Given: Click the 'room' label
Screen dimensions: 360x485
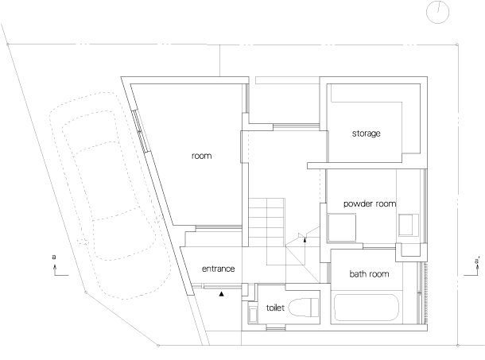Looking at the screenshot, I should tap(201, 156).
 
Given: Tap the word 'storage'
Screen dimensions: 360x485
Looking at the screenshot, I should tap(367, 133).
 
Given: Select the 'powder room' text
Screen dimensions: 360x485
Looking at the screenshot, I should tap(369, 204).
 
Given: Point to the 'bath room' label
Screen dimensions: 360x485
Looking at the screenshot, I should tap(369, 274).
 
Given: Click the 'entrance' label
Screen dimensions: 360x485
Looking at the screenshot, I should tap(219, 269).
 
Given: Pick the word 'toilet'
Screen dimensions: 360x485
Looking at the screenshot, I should tap(275, 304).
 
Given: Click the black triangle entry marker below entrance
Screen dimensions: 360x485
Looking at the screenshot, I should tap(223, 293).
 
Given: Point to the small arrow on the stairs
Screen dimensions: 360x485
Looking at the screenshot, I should tap(305, 238).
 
